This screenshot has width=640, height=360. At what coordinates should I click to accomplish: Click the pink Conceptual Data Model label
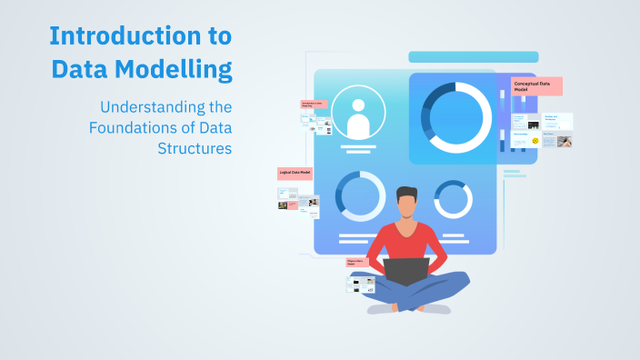pyautogui.click(x=537, y=86)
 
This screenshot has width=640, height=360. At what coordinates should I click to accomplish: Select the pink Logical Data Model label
pyautogui.click(x=295, y=173)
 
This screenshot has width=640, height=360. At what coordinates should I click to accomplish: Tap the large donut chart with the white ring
pyautogui.click(x=459, y=117)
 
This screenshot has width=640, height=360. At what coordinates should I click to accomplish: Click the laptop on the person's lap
pyautogui.click(x=405, y=271)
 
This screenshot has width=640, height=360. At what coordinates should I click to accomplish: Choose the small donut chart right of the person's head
pyautogui.click(x=453, y=199)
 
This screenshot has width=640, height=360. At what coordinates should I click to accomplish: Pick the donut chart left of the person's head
pyautogui.click(x=360, y=195)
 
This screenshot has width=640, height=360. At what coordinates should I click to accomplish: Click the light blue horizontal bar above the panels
pyautogui.click(x=473, y=57)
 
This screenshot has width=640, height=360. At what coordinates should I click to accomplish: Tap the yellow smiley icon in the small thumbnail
pyautogui.click(x=535, y=141)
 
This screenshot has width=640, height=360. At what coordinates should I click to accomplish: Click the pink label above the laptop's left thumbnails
pyautogui.click(x=356, y=262)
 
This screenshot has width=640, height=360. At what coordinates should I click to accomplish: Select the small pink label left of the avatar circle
pyautogui.click(x=314, y=105)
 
